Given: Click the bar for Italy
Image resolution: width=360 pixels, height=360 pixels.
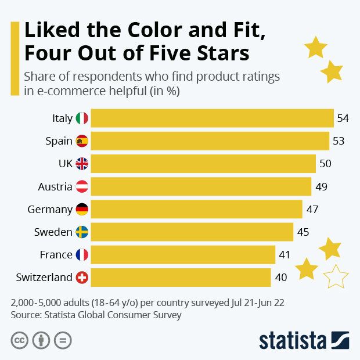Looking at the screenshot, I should tap(212, 118).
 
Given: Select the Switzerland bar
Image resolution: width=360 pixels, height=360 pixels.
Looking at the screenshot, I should tap(181, 277).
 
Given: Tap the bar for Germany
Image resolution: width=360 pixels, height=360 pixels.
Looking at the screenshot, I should tap(196, 209).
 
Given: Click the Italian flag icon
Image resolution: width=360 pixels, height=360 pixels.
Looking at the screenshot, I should tap(82, 118).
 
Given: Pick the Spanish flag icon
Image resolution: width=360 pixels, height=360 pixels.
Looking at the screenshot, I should tap(82, 141).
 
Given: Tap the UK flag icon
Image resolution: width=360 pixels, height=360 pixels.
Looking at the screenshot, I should tap(82, 164).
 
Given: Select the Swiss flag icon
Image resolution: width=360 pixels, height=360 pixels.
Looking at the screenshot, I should tap(82, 278).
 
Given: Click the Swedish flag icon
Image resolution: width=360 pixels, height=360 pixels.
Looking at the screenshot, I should tap(82, 232).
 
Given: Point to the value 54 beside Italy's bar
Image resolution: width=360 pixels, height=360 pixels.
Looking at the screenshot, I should tap(343, 118).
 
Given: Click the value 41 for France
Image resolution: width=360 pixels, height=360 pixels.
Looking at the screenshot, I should tap(284, 255).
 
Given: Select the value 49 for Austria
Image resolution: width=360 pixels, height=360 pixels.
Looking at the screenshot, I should tap(321, 186).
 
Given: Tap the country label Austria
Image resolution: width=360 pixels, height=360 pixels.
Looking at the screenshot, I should tap(55, 186).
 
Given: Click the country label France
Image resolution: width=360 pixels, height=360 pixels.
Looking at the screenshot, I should tap(56, 255).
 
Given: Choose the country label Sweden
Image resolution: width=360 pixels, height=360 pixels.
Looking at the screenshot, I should tap(53, 232).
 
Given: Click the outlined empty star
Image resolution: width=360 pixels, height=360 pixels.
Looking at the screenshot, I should tap(335, 276).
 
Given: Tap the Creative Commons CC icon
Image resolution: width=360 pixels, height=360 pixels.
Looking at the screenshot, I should tap(20, 340).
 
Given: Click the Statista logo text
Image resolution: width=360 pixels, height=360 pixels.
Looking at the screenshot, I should tap(293, 340).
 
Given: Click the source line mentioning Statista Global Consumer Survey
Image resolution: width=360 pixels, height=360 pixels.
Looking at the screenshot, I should tap(96, 315).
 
